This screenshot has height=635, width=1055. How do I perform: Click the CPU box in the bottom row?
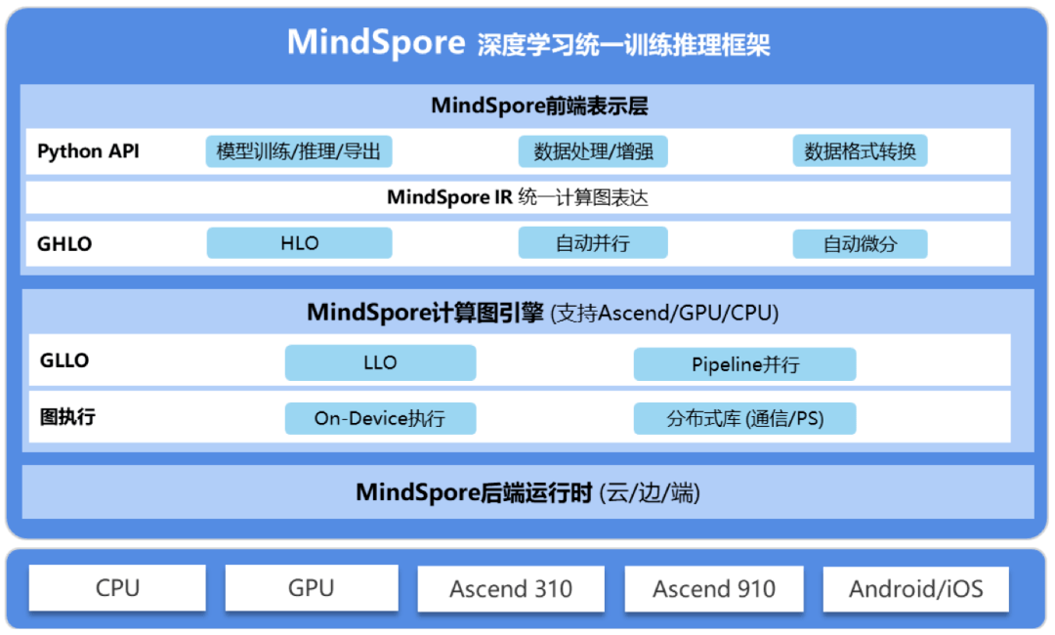click(117, 588)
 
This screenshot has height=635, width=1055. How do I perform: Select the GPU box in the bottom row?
click(312, 588)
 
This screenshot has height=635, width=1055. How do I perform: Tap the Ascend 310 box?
click(511, 588)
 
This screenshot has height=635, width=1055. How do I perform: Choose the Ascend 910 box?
click(714, 588)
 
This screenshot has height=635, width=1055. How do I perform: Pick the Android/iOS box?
click(915, 588)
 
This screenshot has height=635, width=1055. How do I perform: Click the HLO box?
click(300, 243)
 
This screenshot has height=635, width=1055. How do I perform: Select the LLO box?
click(380, 362)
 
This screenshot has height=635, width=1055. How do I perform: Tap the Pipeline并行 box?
click(744, 364)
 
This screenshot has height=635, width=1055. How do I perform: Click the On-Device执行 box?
click(380, 418)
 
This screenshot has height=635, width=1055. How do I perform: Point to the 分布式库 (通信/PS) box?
click(744, 418)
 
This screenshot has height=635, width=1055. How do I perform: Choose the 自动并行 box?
click(593, 243)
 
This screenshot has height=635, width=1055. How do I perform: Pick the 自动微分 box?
click(860, 243)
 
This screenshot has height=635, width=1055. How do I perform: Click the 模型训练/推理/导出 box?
click(299, 151)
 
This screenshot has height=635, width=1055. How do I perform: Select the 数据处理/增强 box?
click(593, 151)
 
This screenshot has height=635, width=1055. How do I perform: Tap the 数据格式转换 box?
click(860, 151)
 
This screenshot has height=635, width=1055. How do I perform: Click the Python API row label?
click(88, 151)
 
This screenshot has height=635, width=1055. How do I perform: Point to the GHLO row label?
click(64, 243)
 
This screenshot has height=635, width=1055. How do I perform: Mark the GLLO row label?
click(64, 360)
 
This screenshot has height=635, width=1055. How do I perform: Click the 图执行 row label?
click(67, 417)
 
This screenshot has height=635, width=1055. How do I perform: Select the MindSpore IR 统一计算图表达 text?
click(518, 197)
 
